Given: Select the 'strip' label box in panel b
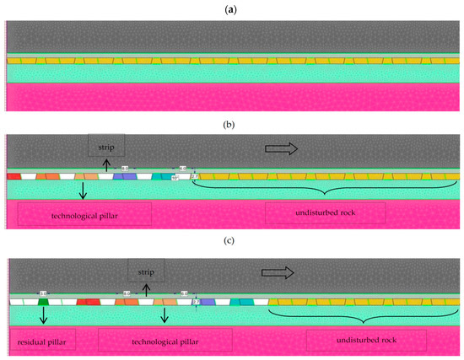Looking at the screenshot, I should coord(105,145).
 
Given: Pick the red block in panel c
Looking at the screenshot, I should coord(87,301).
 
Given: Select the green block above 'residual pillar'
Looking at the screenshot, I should coord(43,301).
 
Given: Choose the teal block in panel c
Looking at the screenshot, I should coord(237,301).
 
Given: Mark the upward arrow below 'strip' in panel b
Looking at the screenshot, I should coord(105,166).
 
